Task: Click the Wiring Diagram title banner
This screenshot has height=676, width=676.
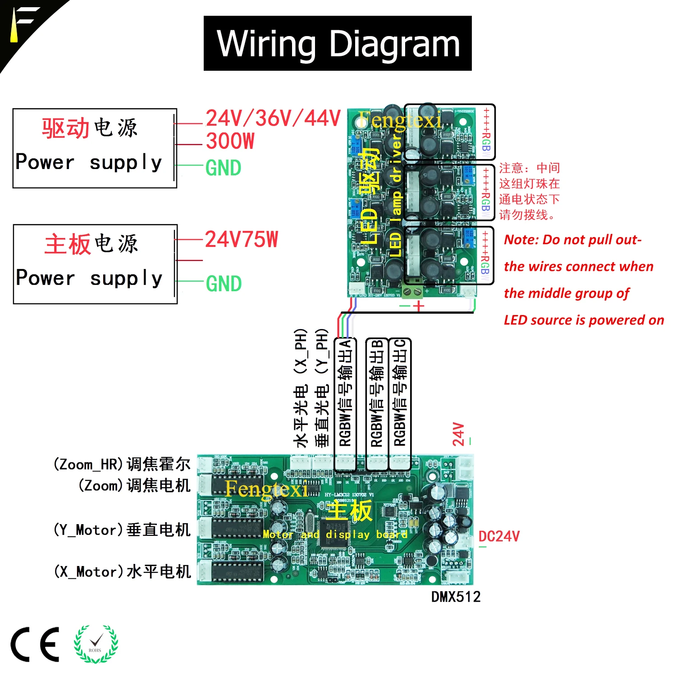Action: tap(338, 43)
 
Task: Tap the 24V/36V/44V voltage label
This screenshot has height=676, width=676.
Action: tap(273, 119)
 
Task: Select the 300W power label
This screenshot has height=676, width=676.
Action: tap(230, 142)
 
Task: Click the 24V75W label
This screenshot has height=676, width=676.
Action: tap(242, 240)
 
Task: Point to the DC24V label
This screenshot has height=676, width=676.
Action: tap(499, 536)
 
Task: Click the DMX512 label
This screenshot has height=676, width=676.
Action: tap(456, 597)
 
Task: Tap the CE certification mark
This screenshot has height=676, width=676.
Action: tap(35, 644)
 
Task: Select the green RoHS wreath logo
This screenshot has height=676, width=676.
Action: tap(96, 644)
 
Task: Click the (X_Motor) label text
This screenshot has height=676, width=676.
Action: tap(88, 572)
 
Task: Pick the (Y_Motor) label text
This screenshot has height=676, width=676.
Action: tap(88, 530)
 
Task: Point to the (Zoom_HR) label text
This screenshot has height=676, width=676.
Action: tap(88, 464)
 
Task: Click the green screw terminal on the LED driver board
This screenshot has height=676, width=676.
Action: tap(412, 291)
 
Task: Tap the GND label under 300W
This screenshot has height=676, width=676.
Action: tap(224, 168)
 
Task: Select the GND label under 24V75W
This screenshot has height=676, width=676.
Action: tap(224, 284)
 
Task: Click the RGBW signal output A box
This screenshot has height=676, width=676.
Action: tap(345, 392)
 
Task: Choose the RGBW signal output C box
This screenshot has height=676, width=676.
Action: tap(400, 392)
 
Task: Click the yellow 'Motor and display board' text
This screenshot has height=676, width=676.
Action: tap(335, 534)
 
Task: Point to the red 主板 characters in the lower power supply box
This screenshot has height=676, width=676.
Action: tap(68, 244)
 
